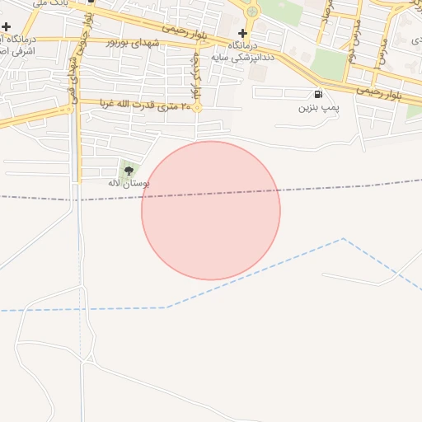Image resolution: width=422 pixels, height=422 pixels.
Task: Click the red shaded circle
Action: [211, 211]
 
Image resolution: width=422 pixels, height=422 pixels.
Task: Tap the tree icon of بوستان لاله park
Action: [128, 171]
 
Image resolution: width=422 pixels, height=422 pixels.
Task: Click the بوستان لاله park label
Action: [128, 183]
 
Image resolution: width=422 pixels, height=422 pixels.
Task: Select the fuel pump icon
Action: [318, 94]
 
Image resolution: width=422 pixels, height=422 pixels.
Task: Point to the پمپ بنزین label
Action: [317, 108]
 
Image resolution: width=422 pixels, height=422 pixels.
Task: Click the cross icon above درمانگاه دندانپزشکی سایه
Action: [242, 33]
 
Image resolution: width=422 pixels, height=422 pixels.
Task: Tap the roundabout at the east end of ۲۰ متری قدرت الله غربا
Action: [197, 107]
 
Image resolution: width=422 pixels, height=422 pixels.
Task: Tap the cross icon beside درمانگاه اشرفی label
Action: [7, 27]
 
